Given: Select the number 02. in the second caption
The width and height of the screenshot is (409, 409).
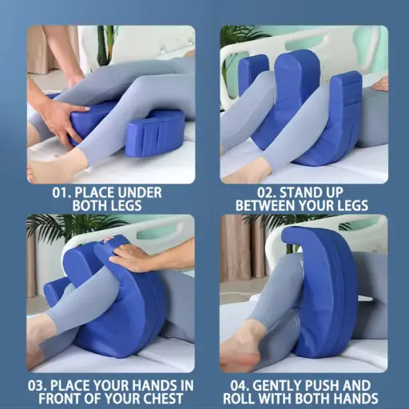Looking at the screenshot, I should pyautogui.click(x=250, y=193).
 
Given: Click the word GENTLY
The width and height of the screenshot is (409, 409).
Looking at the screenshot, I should pyautogui.click(x=289, y=384).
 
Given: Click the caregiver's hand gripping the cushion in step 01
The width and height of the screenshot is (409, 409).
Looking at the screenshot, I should pyautogui.click(x=62, y=120).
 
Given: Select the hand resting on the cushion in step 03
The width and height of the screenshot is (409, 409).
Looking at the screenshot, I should pyautogui.click(x=133, y=257).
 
